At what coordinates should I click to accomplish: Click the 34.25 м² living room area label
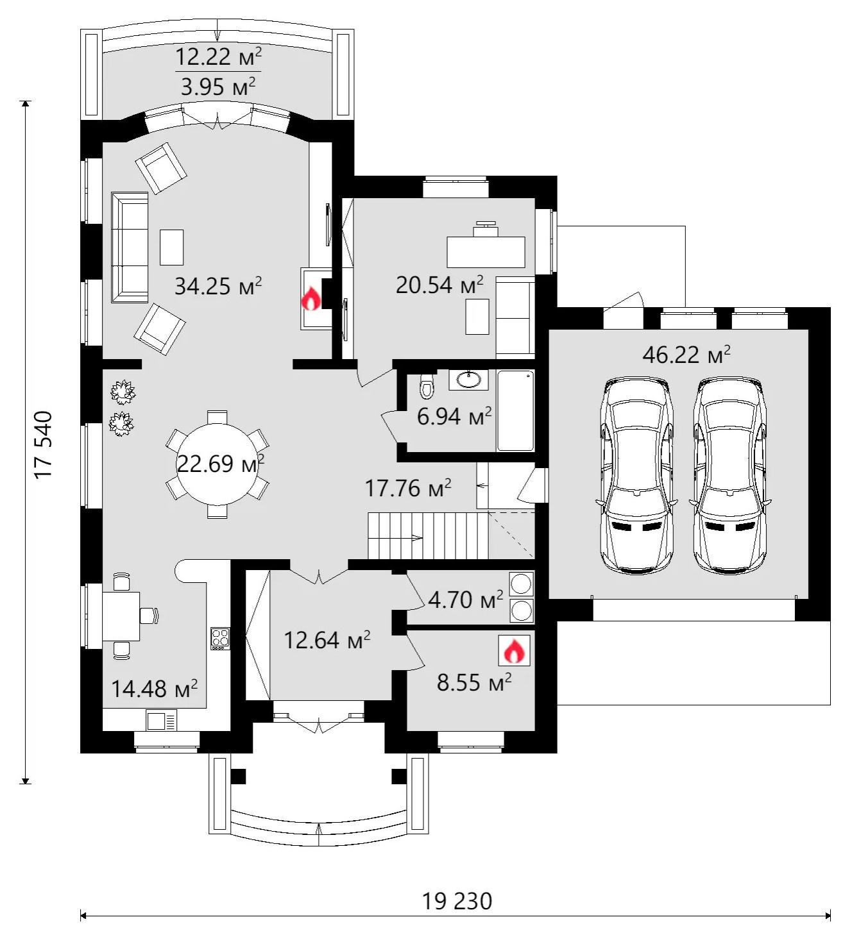[x=218, y=285]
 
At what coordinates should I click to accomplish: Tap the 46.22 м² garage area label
[x=686, y=355]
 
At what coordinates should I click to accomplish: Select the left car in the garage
[x=636, y=476]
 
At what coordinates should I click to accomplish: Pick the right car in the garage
[x=730, y=476]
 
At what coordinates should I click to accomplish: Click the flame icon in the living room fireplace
[x=311, y=298]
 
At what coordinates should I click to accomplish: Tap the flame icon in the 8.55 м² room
[x=514, y=650]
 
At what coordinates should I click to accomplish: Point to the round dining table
[x=217, y=464]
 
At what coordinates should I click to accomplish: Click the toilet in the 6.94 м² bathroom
[x=427, y=385]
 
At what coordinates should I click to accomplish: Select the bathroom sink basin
[x=468, y=380]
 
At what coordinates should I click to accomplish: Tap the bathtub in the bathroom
[x=516, y=410]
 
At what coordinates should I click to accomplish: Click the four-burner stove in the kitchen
[x=221, y=639]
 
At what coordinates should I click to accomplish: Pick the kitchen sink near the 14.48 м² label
[x=161, y=720]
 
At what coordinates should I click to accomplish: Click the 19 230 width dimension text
[x=457, y=901]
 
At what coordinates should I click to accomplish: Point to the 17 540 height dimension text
[x=43, y=444]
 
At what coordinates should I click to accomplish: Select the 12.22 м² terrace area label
[x=218, y=57]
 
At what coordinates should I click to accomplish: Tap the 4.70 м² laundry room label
[x=465, y=600]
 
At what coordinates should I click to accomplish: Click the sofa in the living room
[x=130, y=247]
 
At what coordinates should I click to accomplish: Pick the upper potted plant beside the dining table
[x=123, y=392]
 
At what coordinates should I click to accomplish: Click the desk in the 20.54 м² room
[x=486, y=252]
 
